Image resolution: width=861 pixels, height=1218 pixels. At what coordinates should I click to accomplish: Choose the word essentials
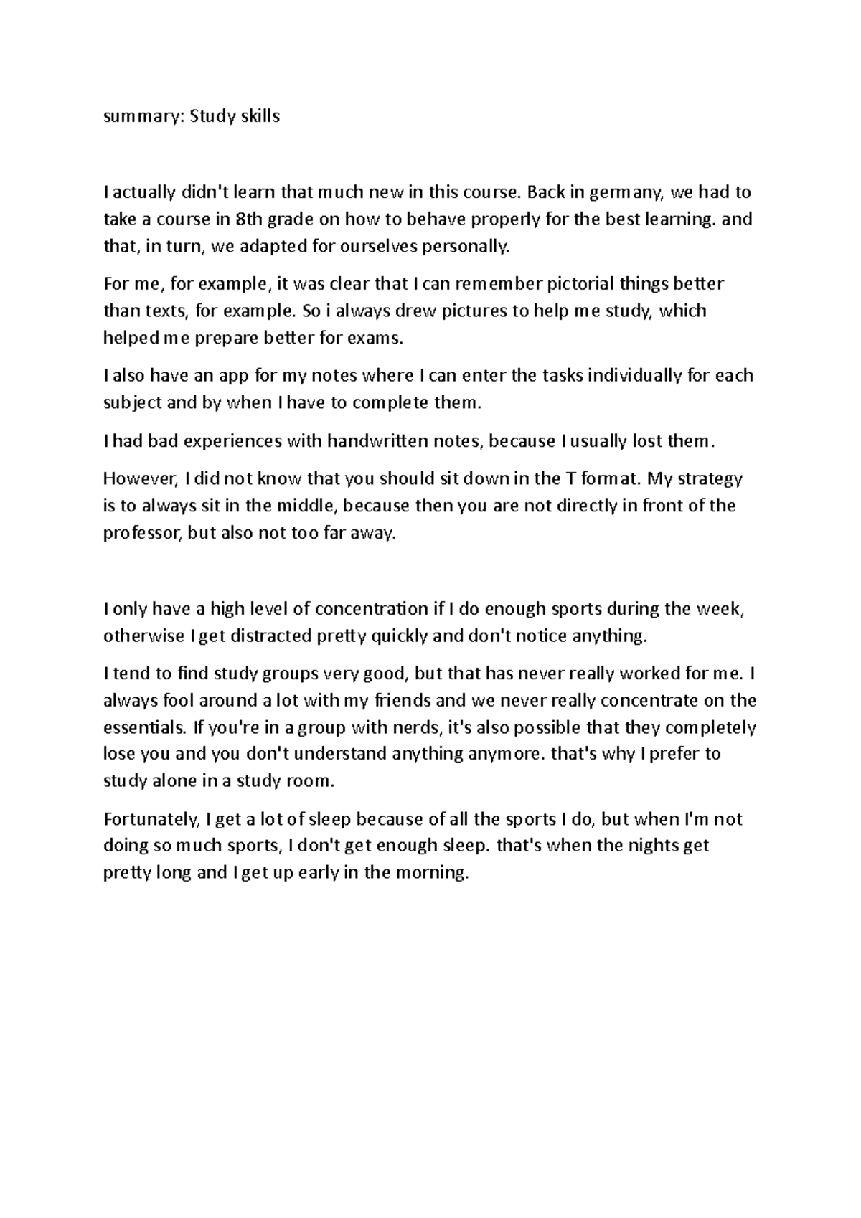[144, 727]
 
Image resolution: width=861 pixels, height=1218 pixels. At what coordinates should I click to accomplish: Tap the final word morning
[430, 874]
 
